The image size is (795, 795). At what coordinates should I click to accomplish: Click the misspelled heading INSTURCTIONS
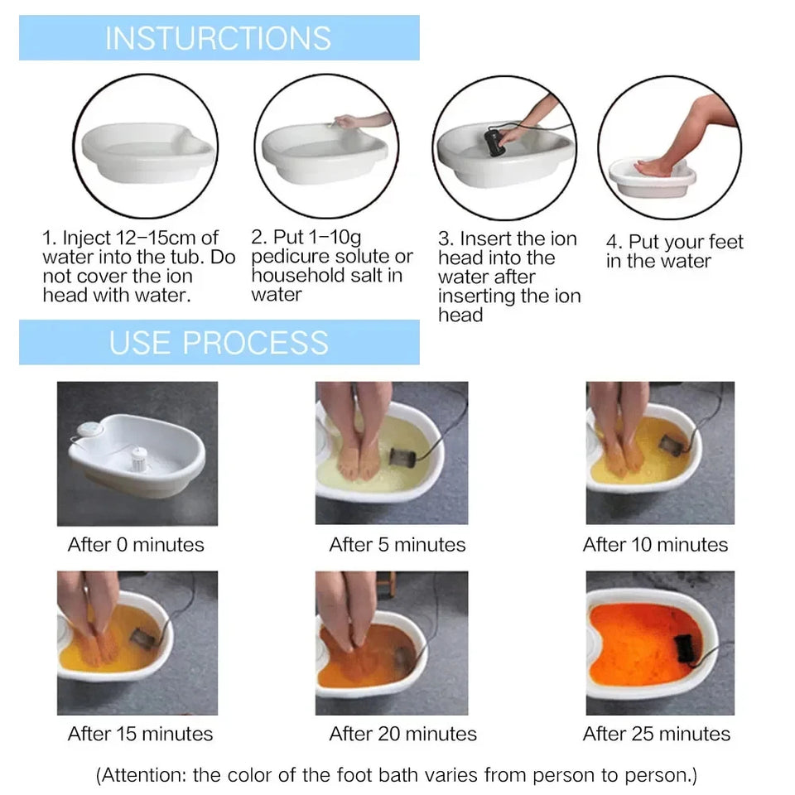218,38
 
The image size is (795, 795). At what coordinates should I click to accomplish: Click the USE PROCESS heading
219,342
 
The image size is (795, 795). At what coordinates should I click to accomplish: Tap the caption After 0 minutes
136,545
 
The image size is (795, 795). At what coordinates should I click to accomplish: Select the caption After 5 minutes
397,545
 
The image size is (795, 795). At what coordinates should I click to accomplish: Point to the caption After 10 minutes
655,545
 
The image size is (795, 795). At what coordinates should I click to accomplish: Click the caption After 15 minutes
140,734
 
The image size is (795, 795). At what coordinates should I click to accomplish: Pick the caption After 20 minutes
402,734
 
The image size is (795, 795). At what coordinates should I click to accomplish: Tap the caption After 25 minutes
656,734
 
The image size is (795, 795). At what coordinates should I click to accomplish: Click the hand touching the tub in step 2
348,122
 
